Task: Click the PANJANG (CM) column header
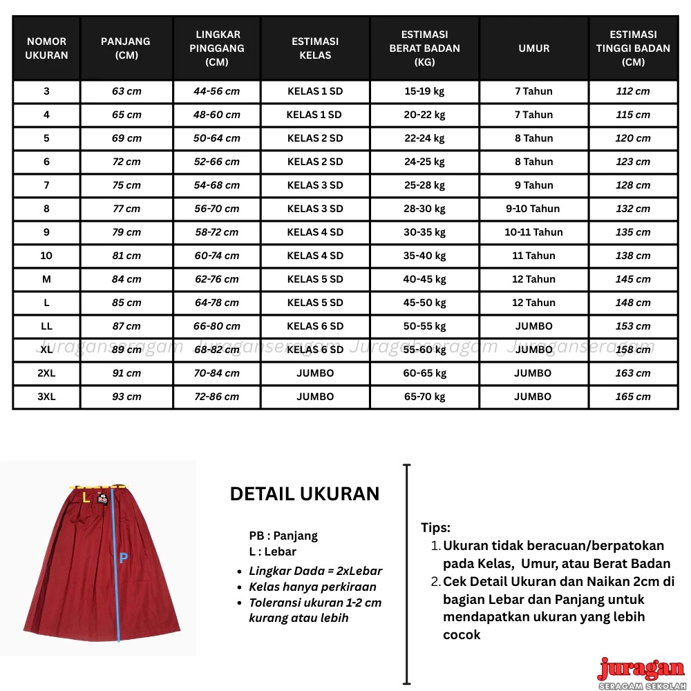[126, 48]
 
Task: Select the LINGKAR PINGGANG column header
[218, 48]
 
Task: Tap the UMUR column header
[534, 48]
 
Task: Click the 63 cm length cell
[126, 91]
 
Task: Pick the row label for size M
[46, 279]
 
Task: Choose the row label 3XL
[46, 397]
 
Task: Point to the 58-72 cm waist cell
[216, 232]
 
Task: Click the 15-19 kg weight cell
[425, 91]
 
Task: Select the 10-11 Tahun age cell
[533, 232]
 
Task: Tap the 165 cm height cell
[633, 397]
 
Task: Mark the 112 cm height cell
[633, 91]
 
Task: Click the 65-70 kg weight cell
[425, 397]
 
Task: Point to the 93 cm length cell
[126, 397]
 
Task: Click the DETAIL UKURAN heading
[305, 494]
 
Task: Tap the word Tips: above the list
[436, 528]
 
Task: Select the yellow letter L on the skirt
[86, 497]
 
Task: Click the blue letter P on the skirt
[123, 558]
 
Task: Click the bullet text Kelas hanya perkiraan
[312, 587]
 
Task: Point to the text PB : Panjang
[283, 536]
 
